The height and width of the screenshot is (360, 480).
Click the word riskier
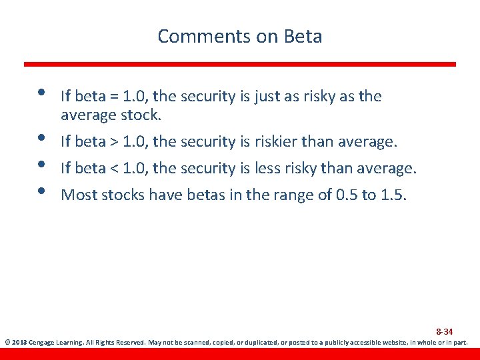(276, 141)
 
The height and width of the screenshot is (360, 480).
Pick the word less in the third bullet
(270, 168)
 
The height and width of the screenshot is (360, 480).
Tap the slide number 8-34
(444, 331)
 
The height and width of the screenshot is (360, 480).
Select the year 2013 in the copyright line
(19, 343)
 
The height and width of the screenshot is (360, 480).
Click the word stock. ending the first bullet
(141, 115)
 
